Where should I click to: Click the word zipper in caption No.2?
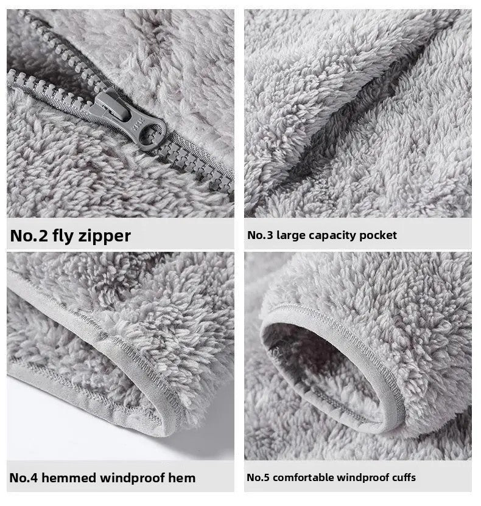click(x=105, y=235)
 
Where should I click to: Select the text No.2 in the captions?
click(x=29, y=235)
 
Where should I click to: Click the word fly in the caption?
click(x=64, y=235)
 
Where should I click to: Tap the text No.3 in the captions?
click(x=260, y=235)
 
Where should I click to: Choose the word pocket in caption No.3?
click(x=378, y=235)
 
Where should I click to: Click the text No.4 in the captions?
click(x=24, y=478)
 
